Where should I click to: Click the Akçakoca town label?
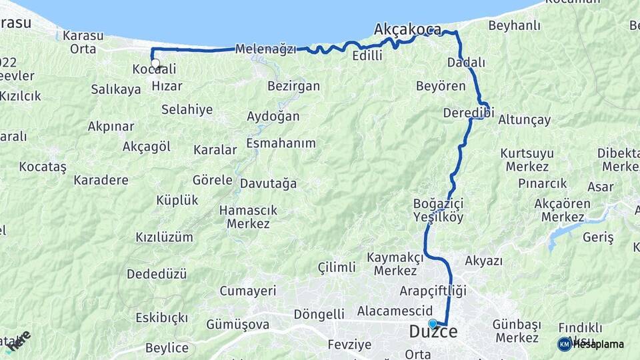(x=407, y=29)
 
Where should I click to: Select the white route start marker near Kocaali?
(x=155, y=64)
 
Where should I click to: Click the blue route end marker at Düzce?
(x=433, y=324)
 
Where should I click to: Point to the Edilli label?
(x=367, y=56)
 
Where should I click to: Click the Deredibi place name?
(x=468, y=113)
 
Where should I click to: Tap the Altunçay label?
(x=524, y=120)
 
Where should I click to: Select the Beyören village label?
(x=441, y=86)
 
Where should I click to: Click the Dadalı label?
(x=467, y=62)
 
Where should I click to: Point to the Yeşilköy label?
(x=438, y=217)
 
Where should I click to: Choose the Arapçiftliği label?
(x=433, y=291)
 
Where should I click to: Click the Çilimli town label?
(x=337, y=267)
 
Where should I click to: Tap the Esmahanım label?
(x=281, y=143)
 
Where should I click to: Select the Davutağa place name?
(x=268, y=183)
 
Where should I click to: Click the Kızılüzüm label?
(x=164, y=237)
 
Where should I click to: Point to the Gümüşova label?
(x=238, y=325)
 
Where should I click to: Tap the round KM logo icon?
(x=565, y=344)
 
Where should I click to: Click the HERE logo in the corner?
(x=18, y=341)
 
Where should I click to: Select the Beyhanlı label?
(x=514, y=26)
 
